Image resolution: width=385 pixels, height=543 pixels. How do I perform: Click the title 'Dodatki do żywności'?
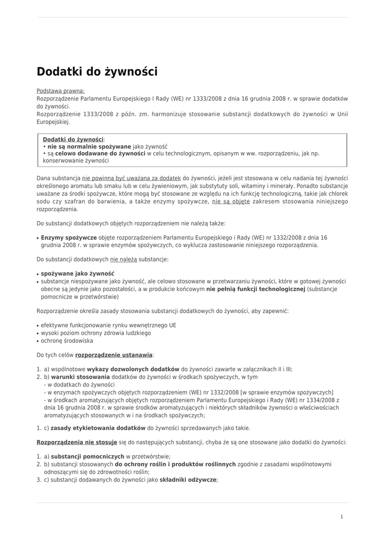tap(97, 72)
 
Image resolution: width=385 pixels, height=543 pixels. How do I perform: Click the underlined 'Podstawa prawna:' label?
tap(61, 91)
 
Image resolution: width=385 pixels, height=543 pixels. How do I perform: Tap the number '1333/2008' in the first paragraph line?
tap(208, 99)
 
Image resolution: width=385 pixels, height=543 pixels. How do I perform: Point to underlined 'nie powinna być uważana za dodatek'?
tap(132, 178)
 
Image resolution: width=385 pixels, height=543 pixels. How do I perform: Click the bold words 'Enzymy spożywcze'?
tap(69, 238)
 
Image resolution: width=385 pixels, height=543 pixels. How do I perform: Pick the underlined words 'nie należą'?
tap(123, 259)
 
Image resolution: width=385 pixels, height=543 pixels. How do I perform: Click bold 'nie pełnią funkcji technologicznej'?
tap(256, 289)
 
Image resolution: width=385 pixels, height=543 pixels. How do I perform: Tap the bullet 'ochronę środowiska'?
tap(67, 340)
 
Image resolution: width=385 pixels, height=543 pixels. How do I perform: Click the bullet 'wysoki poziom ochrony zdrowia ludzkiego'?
tap(96, 333)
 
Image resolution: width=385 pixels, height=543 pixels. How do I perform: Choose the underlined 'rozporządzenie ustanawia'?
tap(114, 354)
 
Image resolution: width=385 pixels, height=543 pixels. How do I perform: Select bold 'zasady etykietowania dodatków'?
tap(98, 428)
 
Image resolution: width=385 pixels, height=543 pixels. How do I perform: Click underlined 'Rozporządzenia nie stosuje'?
tap(76, 442)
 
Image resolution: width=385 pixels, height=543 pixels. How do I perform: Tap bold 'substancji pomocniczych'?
tap(88, 457)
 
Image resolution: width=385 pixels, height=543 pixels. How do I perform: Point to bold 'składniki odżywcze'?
tap(188, 479)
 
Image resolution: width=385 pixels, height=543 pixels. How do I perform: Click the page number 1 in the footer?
tap(341, 516)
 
